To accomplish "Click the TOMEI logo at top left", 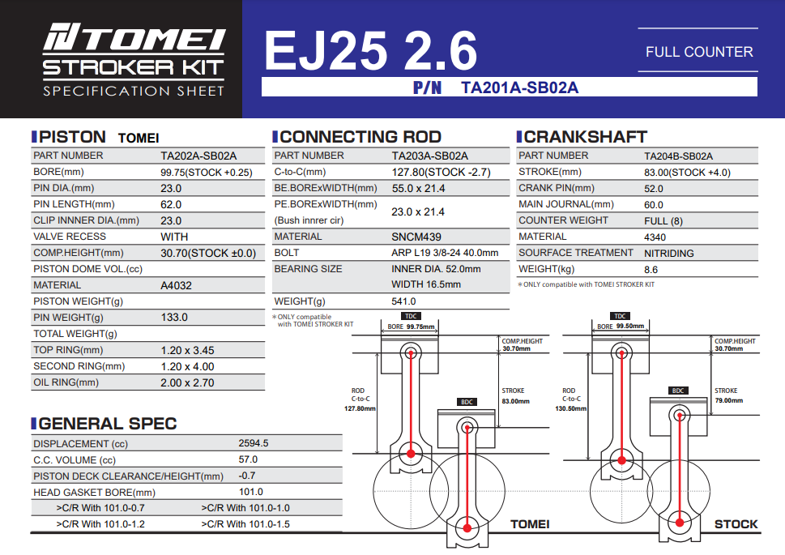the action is point(134,37).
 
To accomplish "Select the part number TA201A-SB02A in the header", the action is point(519,88).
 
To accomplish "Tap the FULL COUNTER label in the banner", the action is point(699,52).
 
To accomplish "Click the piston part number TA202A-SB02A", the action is point(198,156).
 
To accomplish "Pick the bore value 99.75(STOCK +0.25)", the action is point(207,173).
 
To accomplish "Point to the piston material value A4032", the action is point(177,285).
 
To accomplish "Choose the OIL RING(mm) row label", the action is point(66,382).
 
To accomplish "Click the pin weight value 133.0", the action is point(174,317).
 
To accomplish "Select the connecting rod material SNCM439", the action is point(416,237).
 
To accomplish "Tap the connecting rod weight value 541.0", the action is point(403,301).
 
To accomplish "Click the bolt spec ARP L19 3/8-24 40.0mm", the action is point(445,253).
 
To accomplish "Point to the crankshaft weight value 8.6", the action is point(651,270).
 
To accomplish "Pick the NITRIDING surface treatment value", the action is point(669,254).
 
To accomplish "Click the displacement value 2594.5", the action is point(254,443).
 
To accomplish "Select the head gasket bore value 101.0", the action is point(251,492).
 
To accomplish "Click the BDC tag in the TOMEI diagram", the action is point(467,402).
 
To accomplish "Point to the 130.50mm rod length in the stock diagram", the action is point(571,408).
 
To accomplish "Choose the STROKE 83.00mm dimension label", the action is point(516,395).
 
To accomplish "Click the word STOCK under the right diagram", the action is point(736,524).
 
